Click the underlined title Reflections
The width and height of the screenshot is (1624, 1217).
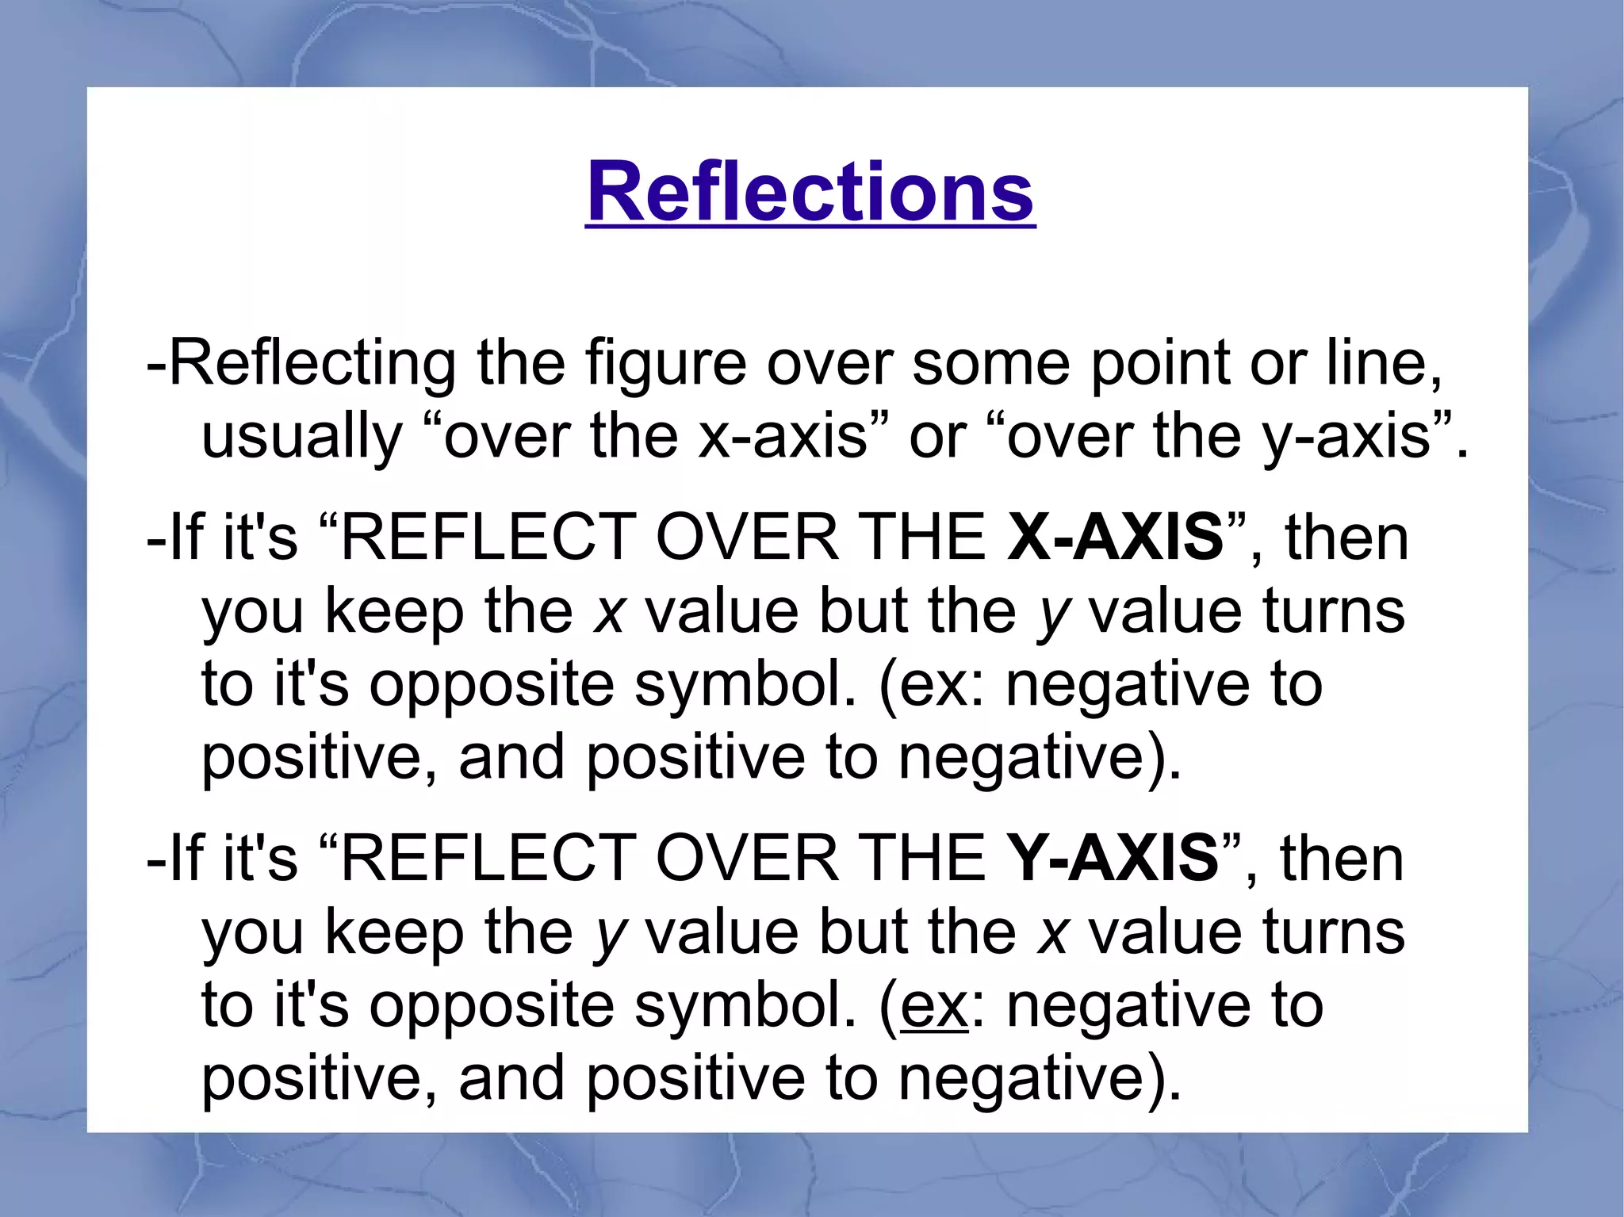(x=810, y=193)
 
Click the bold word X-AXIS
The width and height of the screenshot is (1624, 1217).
(x=1115, y=537)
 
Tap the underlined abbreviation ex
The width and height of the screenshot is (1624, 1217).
(x=933, y=1005)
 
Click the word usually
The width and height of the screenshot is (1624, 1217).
(x=302, y=437)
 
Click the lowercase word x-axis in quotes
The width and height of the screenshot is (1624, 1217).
(x=782, y=437)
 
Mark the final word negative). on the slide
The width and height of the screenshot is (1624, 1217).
(x=1040, y=1079)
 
